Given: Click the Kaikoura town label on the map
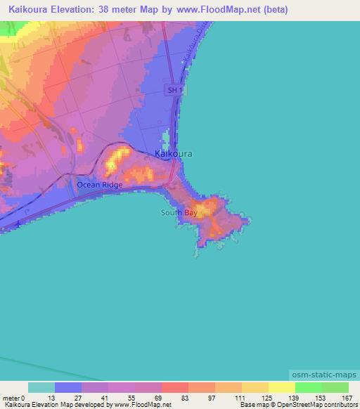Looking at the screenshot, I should click(173, 153).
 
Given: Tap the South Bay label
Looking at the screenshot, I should click(179, 212).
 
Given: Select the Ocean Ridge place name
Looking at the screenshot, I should click(100, 185).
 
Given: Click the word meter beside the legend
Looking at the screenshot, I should click(12, 396).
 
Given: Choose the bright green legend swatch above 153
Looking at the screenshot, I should click(309, 387).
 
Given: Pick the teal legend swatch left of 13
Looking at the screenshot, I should click(41, 387).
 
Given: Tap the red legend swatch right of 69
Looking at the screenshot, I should click(175, 387).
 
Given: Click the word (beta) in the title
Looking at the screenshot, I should click(275, 11).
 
